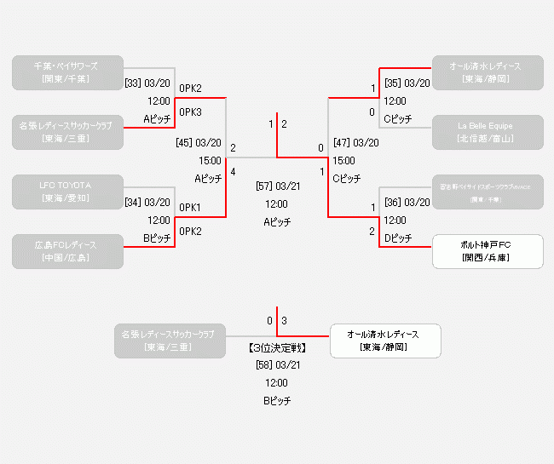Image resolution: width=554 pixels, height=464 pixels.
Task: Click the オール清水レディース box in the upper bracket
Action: point(487,72)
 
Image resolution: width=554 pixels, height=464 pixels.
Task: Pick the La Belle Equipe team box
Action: point(487,131)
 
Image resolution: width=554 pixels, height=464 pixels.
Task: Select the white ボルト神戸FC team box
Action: point(487,251)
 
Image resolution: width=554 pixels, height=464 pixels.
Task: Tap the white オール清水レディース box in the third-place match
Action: point(386,341)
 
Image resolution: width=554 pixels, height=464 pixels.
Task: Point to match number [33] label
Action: point(133,83)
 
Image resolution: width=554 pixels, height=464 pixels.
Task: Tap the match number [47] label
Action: point(342,143)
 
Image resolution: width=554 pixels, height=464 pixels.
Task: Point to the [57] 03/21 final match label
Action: point(277,186)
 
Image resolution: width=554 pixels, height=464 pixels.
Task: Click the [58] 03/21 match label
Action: point(277,364)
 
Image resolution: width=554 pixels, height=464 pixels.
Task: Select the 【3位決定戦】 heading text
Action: point(277,347)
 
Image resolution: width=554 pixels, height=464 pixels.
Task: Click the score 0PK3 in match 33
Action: point(191,112)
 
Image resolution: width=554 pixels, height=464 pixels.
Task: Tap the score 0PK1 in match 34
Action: point(190,208)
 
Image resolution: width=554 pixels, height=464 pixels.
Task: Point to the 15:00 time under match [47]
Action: point(344,160)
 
